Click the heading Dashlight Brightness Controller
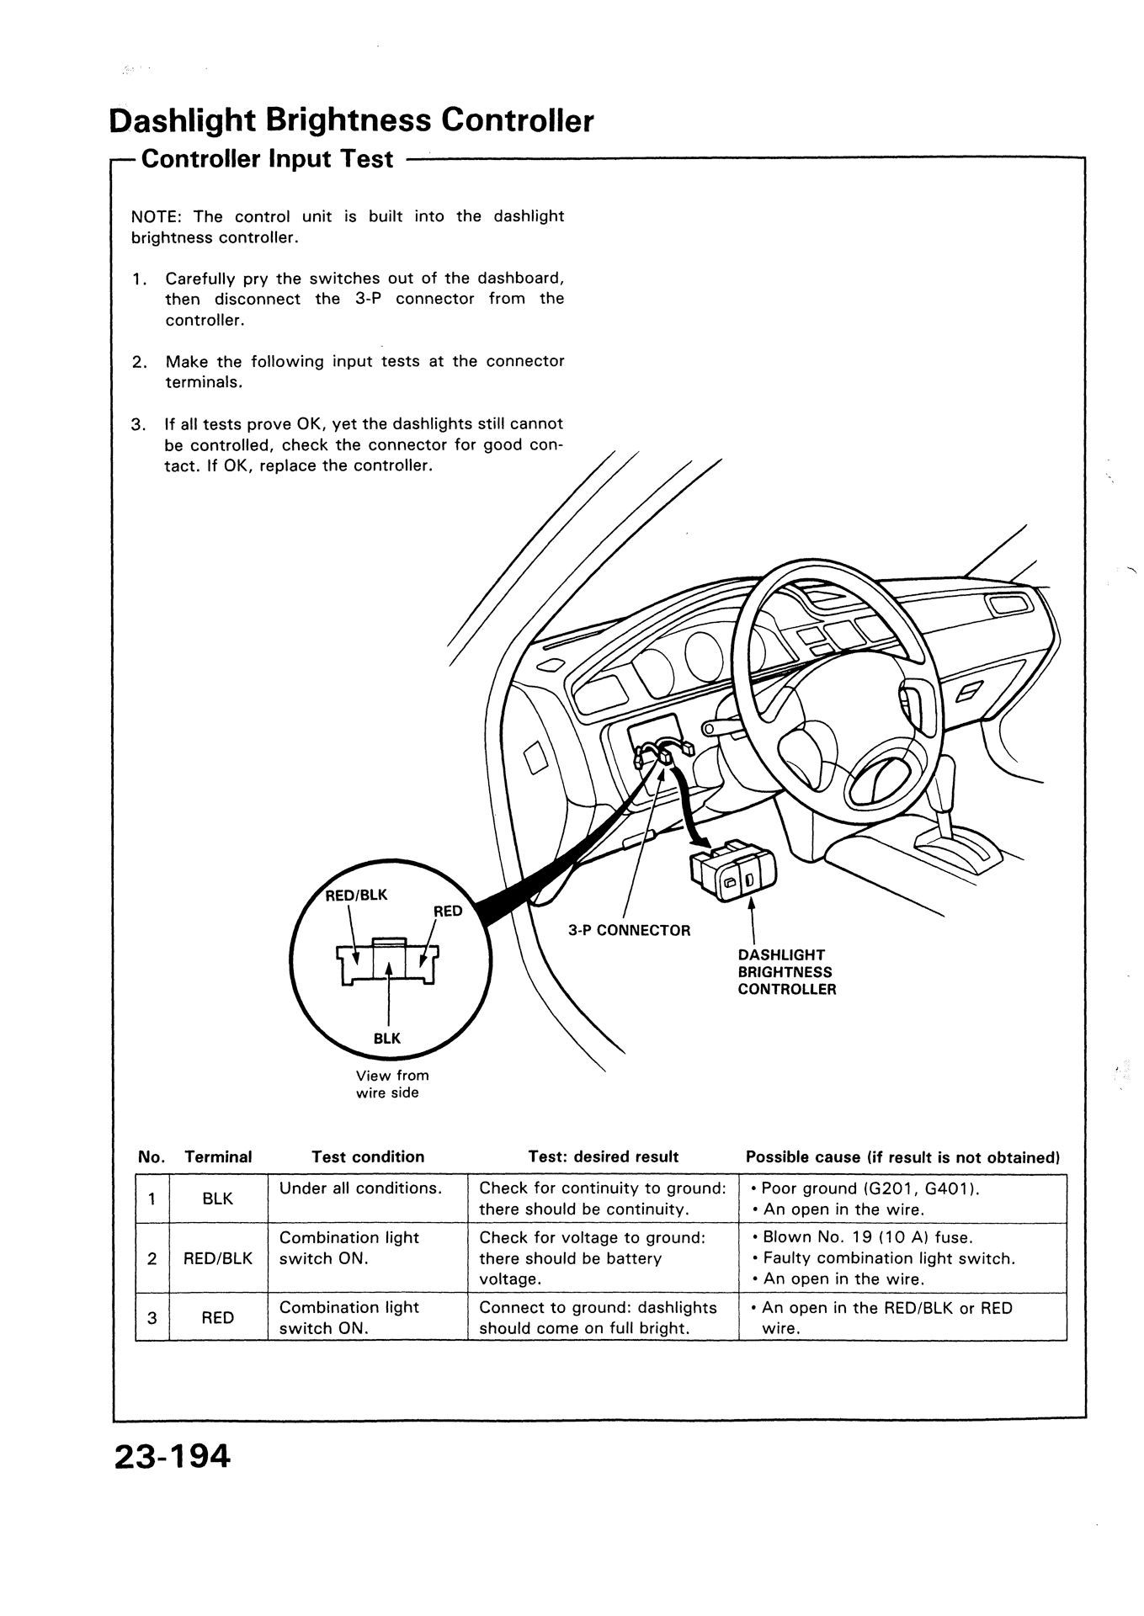point(351,121)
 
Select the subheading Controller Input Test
point(267,159)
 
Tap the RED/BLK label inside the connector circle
point(356,895)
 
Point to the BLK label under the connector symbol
point(387,1039)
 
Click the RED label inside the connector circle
point(448,911)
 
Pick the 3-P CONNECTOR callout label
point(629,930)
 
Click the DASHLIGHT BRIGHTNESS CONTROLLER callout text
point(787,972)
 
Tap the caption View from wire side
point(392,1084)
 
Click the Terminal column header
point(218,1157)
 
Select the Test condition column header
point(368,1157)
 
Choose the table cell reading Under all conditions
point(360,1188)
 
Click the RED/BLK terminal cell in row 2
point(218,1259)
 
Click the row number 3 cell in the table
point(152,1318)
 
